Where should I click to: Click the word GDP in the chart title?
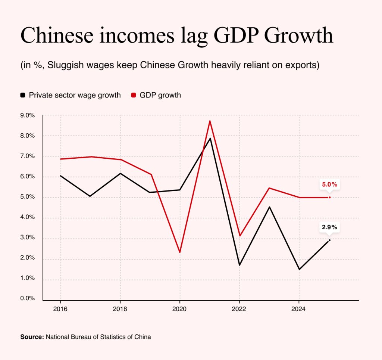click(236, 35)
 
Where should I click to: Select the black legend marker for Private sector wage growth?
click(23, 95)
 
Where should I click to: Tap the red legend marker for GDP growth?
click(133, 95)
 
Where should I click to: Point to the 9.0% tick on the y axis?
click(28, 115)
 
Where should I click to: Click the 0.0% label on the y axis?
click(28, 298)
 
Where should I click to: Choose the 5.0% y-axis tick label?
click(28, 197)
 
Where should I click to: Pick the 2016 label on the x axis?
click(60, 309)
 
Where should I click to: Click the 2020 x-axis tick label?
click(179, 309)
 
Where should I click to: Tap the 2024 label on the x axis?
click(298, 309)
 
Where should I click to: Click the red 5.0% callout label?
click(330, 184)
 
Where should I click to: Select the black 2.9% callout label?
click(330, 227)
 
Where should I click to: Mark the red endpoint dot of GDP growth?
click(330, 197)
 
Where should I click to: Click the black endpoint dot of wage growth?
click(330, 240)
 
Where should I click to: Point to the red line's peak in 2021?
click(210, 121)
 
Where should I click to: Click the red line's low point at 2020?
click(180, 252)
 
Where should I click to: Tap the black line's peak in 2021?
click(210, 139)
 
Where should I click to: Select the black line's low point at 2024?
click(299, 269)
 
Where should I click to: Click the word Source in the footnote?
click(32, 337)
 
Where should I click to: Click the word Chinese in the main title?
click(57, 35)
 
